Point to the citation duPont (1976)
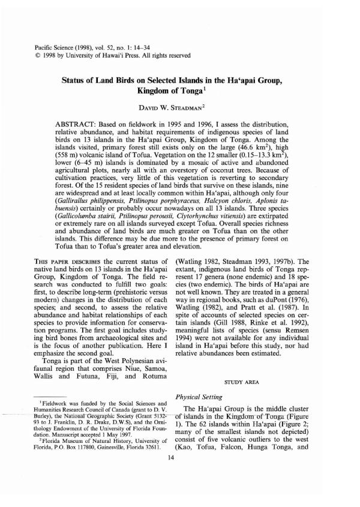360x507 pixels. coord(298,310)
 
